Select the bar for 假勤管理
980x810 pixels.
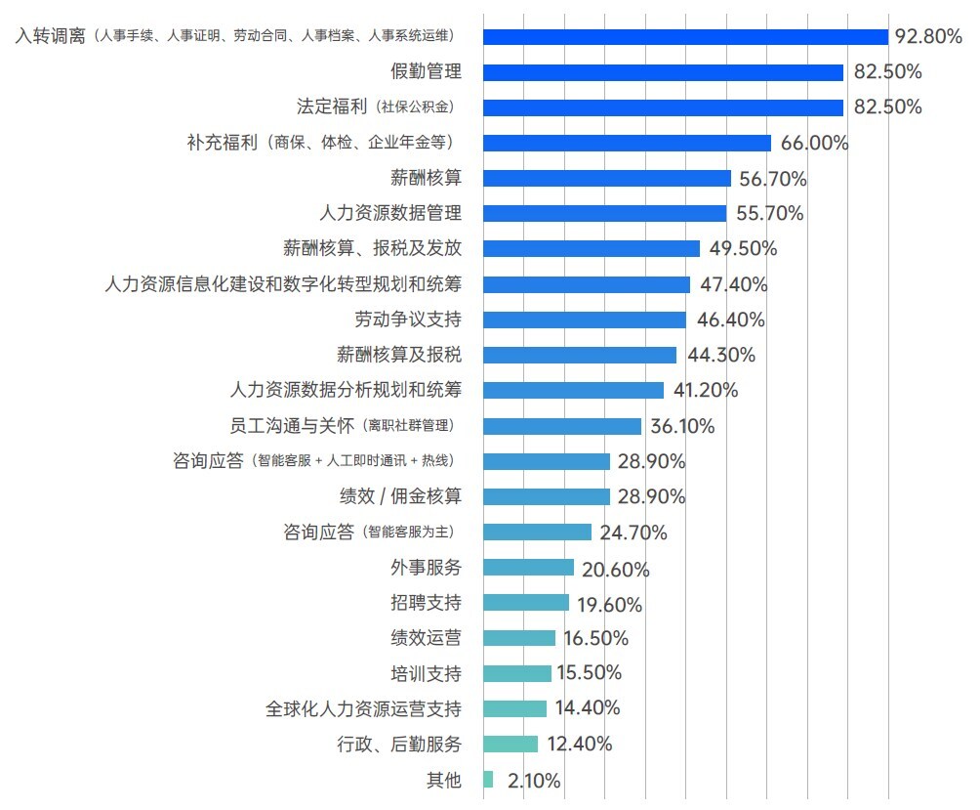point(663,72)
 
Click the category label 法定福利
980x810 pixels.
point(333,107)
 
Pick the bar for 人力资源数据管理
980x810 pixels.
point(604,213)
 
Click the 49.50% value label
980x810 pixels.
point(743,248)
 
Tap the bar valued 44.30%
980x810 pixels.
point(580,355)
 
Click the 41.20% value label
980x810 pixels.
point(705,390)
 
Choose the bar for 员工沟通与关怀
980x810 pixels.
point(562,426)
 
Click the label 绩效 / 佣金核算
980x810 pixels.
point(400,496)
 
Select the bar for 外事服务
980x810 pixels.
point(528,568)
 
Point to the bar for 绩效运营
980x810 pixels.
point(519,638)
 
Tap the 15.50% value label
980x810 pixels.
point(589,673)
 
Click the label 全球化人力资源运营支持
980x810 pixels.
point(363,708)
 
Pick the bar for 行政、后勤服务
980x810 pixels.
point(510,745)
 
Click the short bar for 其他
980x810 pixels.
point(488,780)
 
